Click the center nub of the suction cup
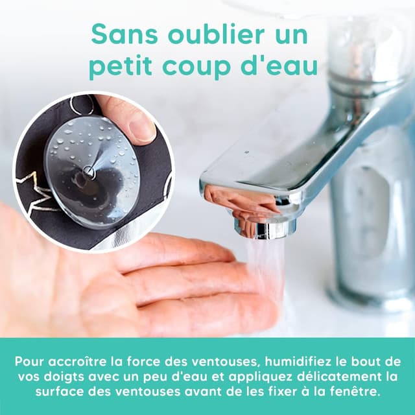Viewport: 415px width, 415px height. [x=88, y=171]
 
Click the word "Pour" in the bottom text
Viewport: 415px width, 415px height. [x=30, y=362]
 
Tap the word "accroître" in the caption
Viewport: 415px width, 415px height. [x=78, y=362]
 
